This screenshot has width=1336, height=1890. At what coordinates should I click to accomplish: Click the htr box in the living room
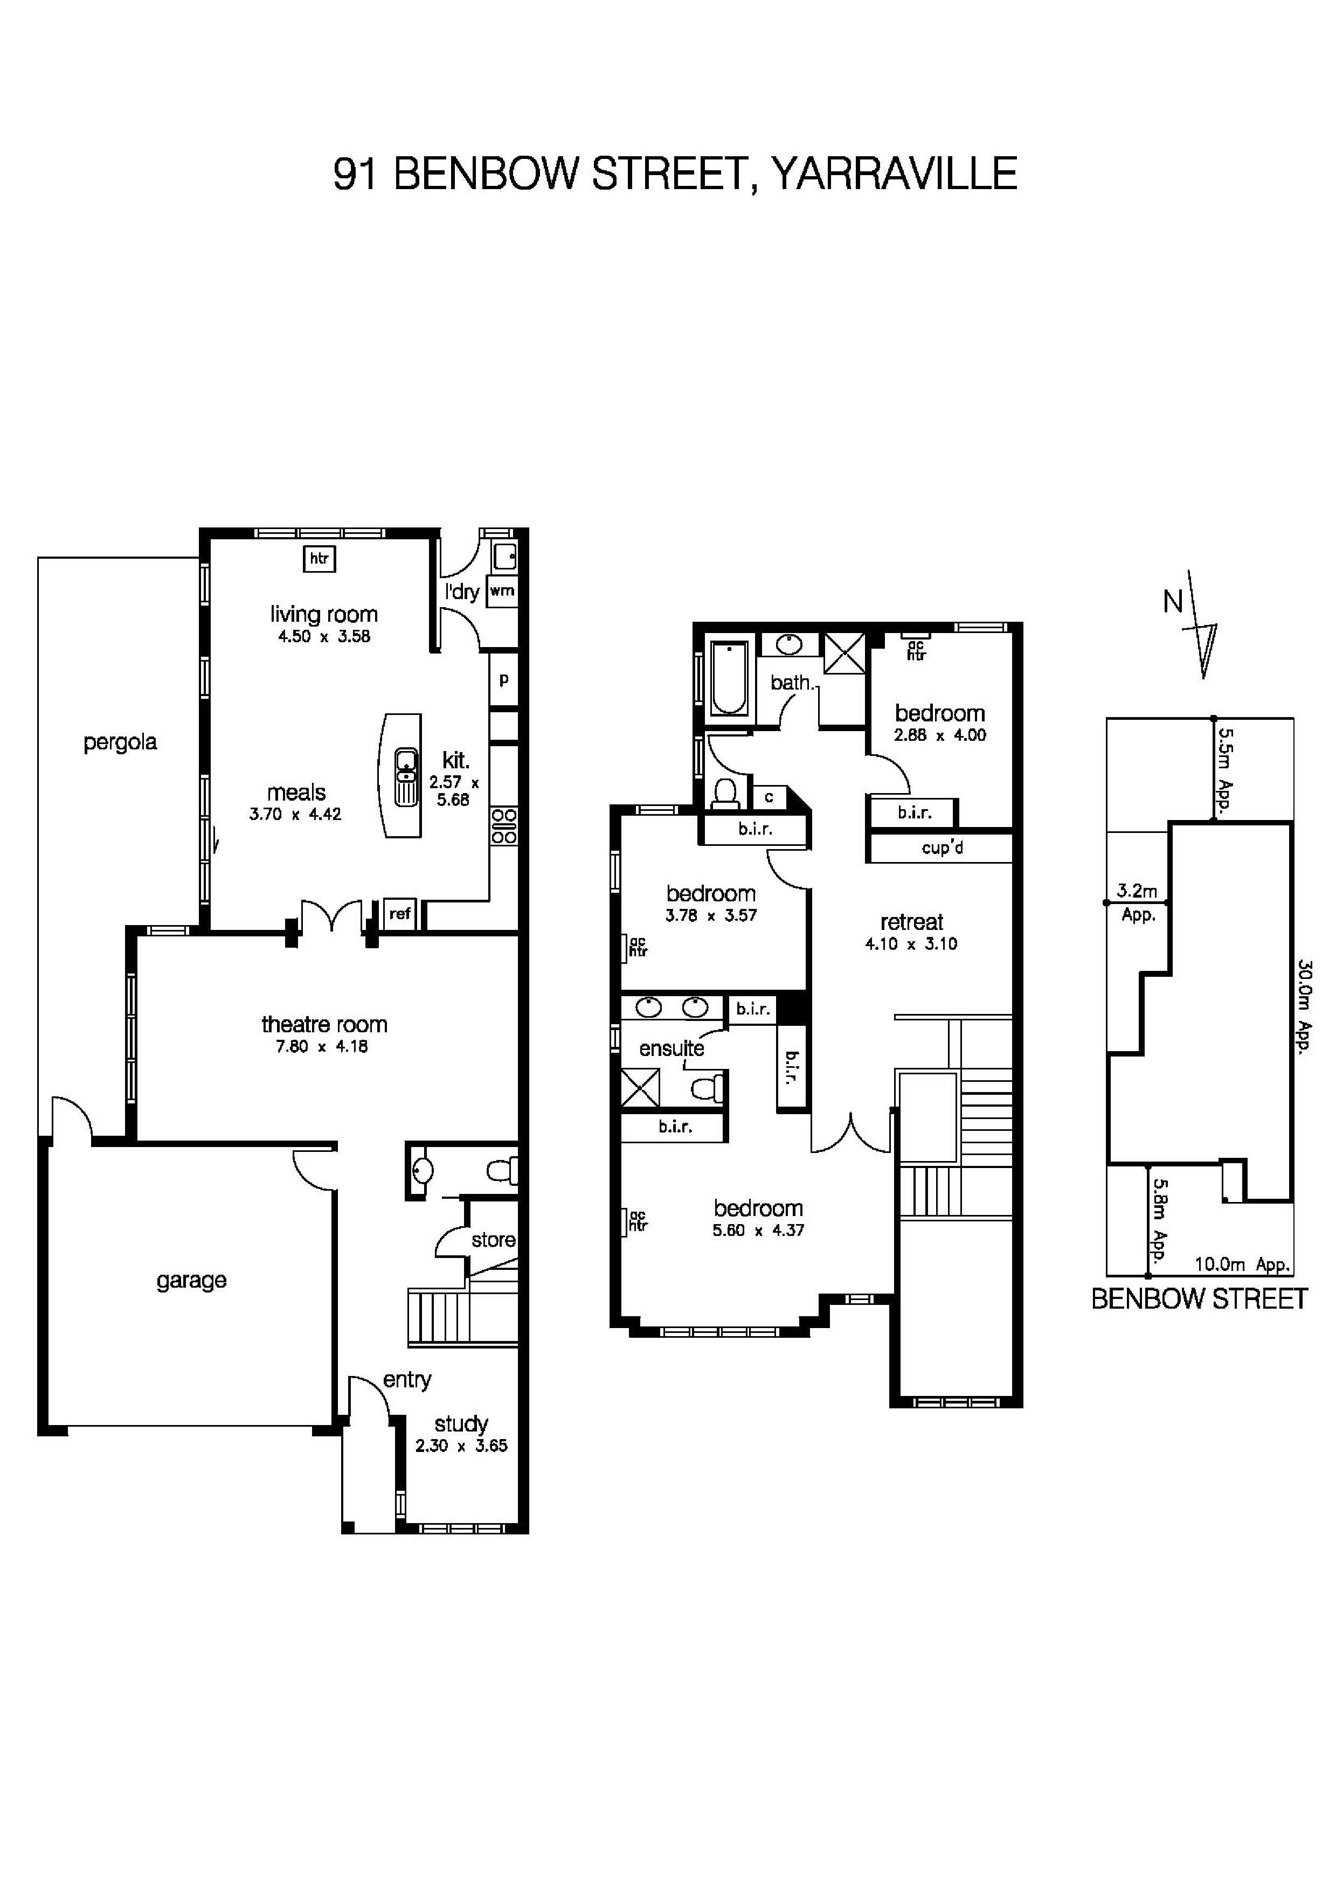pos(320,559)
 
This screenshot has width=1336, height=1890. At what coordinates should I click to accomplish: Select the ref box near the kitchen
pos(400,913)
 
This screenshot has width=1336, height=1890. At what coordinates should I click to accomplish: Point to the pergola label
pos(120,742)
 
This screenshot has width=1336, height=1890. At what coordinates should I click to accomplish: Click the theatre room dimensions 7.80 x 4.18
pos(323,1047)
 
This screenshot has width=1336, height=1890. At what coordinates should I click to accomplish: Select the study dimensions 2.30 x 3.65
pos(461,1446)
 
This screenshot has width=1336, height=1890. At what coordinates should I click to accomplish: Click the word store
pos(493,1240)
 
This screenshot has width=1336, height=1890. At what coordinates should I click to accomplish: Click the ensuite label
pos(672,1049)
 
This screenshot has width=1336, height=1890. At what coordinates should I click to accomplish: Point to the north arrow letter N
pos(1173,602)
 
